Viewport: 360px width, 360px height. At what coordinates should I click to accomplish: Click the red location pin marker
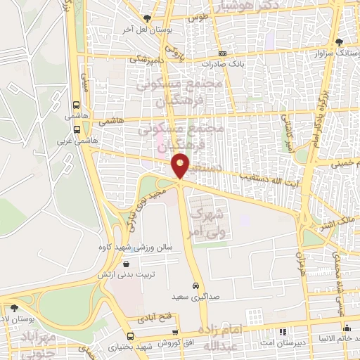coord(181,166)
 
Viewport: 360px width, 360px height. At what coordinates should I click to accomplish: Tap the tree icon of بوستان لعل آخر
coord(146,18)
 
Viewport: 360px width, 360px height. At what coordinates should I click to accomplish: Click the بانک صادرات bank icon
coord(222,53)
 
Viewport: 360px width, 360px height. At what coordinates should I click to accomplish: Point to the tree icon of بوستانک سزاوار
coord(340,42)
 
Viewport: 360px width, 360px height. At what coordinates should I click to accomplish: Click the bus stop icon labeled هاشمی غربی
coord(76,129)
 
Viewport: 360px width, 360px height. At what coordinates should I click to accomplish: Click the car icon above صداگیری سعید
coord(195,286)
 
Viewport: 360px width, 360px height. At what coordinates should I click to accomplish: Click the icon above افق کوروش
coord(175,332)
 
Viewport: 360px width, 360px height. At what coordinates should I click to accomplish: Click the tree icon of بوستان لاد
coord(13,307)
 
